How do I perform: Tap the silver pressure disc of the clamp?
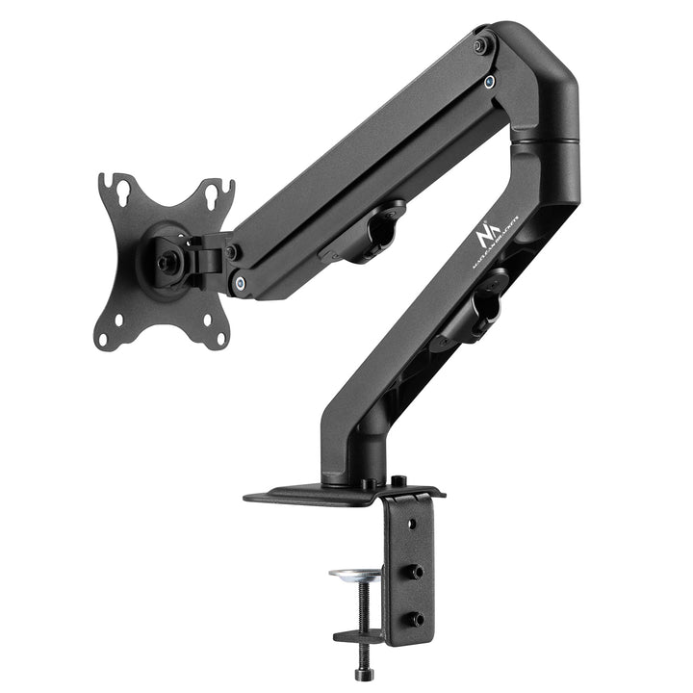(358, 575)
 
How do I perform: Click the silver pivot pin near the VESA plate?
(240, 283)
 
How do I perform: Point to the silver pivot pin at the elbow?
(491, 81)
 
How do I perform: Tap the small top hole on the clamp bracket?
(412, 526)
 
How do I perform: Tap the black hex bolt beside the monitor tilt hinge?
(232, 251)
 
